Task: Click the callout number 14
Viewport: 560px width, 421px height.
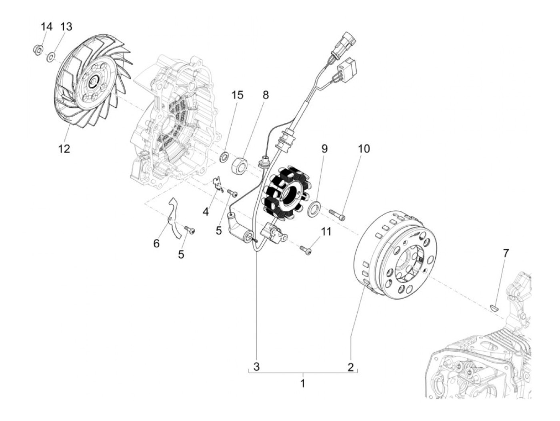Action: tap(46, 27)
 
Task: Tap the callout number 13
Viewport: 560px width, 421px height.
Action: tap(66, 27)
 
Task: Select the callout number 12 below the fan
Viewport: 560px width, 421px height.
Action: tap(64, 149)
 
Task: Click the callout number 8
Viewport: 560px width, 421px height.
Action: tap(266, 95)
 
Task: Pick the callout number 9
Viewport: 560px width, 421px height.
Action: tap(324, 149)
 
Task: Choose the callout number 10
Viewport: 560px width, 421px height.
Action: tap(364, 149)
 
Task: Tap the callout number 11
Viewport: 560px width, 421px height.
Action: tap(326, 232)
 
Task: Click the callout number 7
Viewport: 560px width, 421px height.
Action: tap(506, 253)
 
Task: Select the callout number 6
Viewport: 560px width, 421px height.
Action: tap(156, 243)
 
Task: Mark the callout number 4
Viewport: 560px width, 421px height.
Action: tap(206, 211)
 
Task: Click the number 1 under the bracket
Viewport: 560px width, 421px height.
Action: tap(303, 383)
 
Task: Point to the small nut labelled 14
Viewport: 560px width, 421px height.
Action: tap(36, 50)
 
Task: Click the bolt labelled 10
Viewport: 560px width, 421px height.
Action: tap(338, 215)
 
